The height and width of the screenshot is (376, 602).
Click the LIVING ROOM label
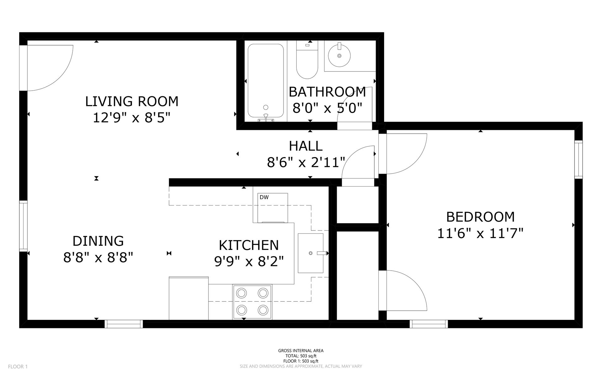[132, 102]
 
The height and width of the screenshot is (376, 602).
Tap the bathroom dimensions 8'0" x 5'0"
[327, 109]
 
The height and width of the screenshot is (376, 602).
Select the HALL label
[306, 146]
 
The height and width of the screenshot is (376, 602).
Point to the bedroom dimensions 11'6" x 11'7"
[480, 234]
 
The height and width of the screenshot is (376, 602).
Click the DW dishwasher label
[264, 197]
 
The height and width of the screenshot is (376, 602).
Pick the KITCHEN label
[249, 245]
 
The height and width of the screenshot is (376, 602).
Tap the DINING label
[98, 241]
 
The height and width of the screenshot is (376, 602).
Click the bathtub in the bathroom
[266, 81]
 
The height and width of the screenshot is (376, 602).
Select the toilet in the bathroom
[307, 60]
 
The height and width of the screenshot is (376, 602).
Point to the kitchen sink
[310, 253]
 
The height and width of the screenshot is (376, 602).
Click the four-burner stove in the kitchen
[252, 302]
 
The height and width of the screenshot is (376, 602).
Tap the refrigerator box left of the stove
[189, 298]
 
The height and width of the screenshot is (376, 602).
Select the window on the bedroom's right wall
[578, 160]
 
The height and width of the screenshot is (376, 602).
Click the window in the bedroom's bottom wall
[429, 324]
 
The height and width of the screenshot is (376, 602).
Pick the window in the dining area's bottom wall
[124, 324]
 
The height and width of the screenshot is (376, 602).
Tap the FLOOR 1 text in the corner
[18, 367]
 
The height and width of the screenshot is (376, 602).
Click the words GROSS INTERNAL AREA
[301, 351]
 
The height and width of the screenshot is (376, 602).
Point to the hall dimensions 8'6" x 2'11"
[306, 163]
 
